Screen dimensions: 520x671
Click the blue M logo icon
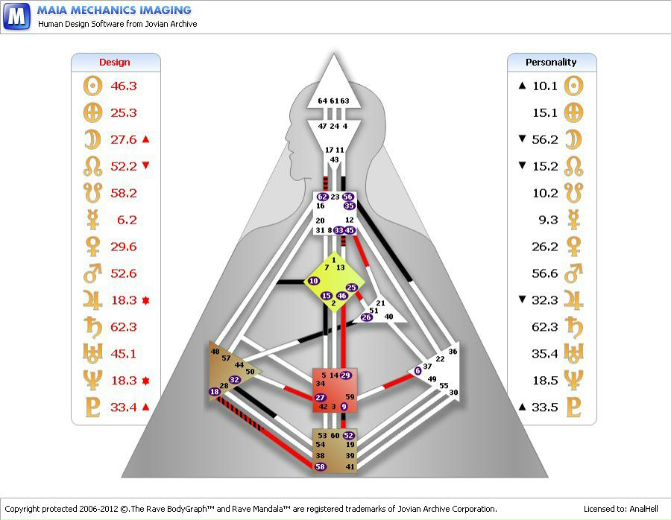pos(16,16)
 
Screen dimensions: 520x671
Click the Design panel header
pos(115,63)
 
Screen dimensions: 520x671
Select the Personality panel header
pos(551,63)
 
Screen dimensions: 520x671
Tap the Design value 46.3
pos(124,86)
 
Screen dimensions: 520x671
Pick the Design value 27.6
pos(124,139)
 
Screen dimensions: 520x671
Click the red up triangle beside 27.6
pos(146,139)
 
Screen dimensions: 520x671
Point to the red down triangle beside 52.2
pos(146,166)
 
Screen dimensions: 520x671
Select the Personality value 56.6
pos(545,273)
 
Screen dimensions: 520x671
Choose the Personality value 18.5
pos(545,381)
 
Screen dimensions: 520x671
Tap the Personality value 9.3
pos(548,220)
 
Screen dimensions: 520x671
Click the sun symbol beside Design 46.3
pos(92,86)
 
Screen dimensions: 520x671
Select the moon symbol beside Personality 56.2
pos(573,139)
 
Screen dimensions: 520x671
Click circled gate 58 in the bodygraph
pos(321,466)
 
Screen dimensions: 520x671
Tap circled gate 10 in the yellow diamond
pos(313,281)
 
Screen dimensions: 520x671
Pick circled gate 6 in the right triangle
pos(418,370)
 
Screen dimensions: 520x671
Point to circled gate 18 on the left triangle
pos(215,392)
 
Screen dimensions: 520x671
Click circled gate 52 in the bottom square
pos(348,435)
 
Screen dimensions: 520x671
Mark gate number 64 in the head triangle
pos(322,101)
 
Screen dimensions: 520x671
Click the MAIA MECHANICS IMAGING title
pos(114,10)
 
